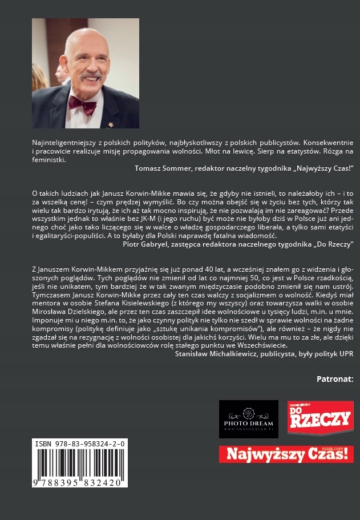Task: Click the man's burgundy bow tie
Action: point(83,104)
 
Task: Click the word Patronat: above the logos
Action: point(334,378)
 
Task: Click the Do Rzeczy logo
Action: point(319,418)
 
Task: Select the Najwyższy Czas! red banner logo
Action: point(286,454)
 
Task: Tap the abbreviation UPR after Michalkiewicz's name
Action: point(346,354)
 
